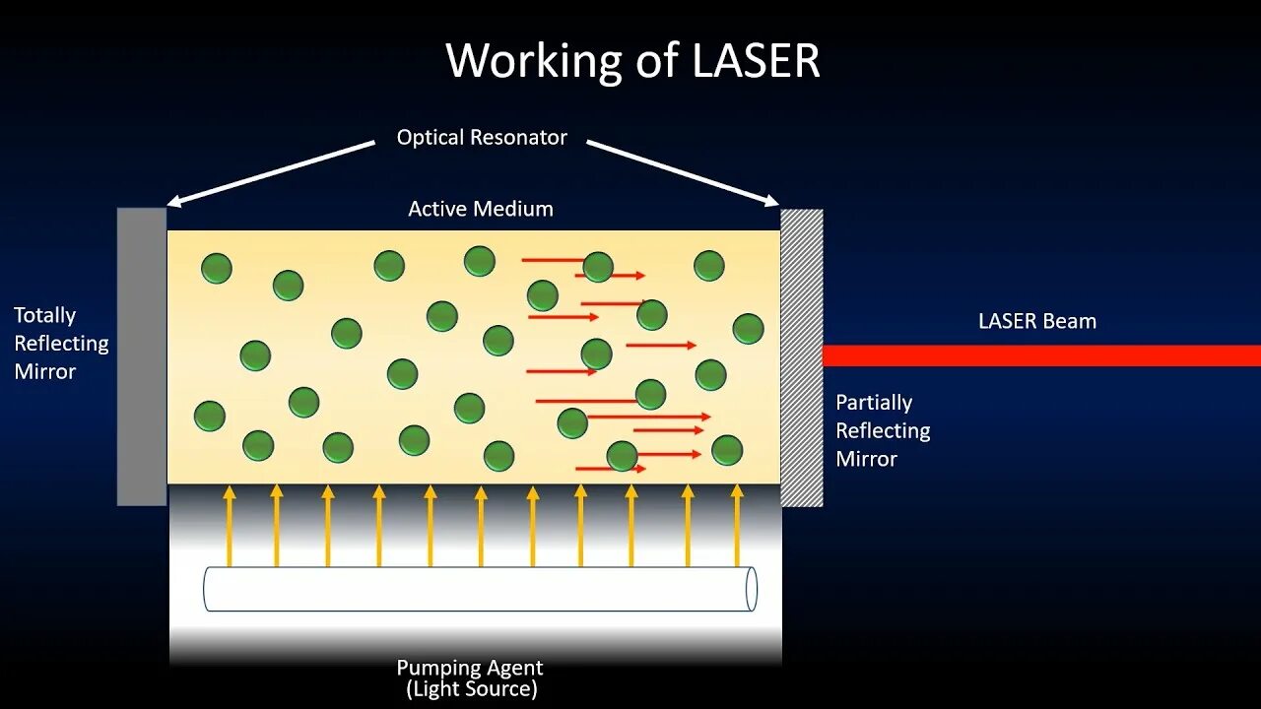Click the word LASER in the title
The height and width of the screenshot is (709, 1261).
[756, 61]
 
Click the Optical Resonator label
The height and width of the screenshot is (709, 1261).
[482, 138]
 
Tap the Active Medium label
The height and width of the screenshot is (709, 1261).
[481, 209]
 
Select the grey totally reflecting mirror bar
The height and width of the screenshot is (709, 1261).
[142, 356]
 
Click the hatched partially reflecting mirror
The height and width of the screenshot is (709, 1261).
[802, 356]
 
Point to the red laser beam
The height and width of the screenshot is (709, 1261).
[1041, 355]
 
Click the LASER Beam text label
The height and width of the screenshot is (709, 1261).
[1036, 321]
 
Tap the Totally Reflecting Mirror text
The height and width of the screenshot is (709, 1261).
[60, 343]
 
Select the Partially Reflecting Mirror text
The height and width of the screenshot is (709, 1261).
[883, 430]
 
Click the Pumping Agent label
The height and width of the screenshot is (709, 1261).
[470, 668]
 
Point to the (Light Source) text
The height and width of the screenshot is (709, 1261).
[472, 689]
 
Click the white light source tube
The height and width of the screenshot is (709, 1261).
[480, 589]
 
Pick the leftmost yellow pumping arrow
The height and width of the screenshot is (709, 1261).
[230, 525]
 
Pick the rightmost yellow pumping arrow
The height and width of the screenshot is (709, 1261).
[737, 525]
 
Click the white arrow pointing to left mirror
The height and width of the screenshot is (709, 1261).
[271, 173]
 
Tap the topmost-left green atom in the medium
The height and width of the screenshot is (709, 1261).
[217, 268]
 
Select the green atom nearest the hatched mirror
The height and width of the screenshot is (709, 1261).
[748, 328]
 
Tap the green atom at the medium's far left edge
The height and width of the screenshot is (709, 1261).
[209, 416]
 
